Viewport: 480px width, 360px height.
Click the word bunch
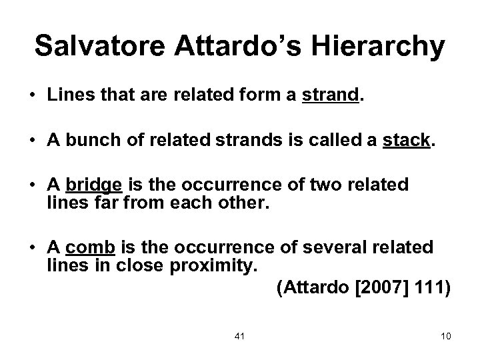tap(90, 141)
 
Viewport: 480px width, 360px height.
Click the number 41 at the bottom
tap(240, 335)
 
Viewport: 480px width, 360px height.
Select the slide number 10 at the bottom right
tap(446, 335)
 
